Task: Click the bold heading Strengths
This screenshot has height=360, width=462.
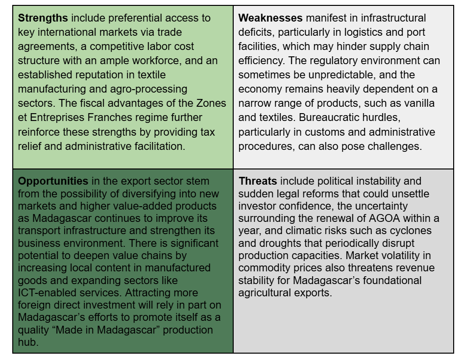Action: tap(43, 19)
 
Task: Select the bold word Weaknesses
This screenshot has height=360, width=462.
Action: tap(270, 19)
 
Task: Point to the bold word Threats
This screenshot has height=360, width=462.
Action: tap(258, 181)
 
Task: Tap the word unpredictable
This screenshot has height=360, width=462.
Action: tap(331, 75)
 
